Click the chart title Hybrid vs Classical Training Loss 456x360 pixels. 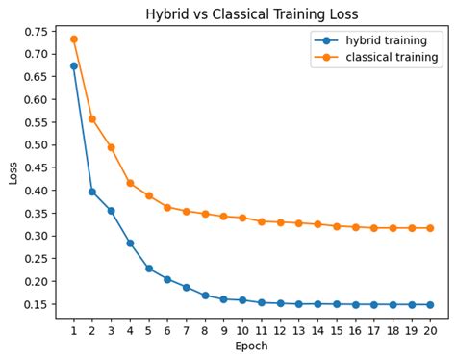click(251, 14)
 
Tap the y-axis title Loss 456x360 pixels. click(13, 172)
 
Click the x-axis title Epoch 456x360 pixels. click(251, 346)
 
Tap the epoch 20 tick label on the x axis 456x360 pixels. click(429, 329)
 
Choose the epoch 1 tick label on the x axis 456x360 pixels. click(73, 329)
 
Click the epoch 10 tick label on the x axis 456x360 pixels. click(241, 329)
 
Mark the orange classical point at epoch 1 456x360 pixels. click(73, 39)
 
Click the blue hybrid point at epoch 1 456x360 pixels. click(73, 66)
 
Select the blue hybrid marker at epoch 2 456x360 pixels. click(92, 192)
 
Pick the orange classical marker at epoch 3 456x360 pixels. click(111, 147)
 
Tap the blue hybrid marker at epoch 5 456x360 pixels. click(148, 269)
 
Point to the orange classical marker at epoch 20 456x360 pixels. click(429, 228)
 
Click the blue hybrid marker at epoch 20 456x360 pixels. click(429, 304)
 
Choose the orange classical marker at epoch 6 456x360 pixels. click(167, 207)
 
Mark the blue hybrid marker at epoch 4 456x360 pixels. click(130, 244)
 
